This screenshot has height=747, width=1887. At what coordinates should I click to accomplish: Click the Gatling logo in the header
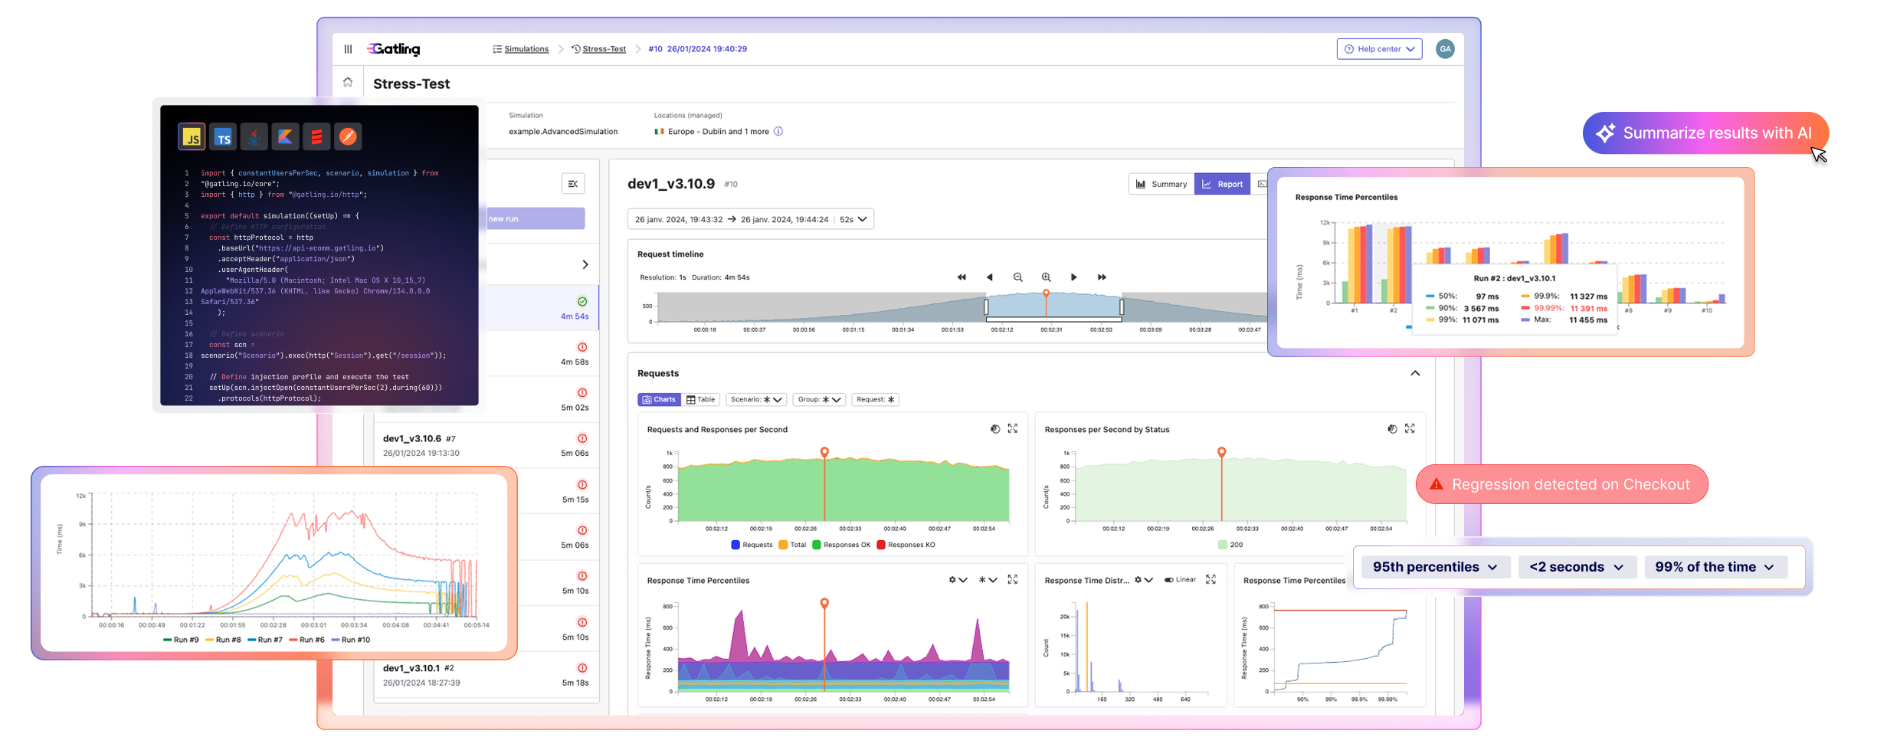pos(393,49)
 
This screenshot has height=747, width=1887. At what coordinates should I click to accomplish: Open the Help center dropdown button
pos(1379,49)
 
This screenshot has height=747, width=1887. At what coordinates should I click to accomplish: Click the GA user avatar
pos(1445,49)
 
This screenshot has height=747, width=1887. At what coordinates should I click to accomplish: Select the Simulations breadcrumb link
pos(526,49)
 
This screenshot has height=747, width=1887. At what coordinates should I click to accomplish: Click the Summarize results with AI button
pos(1705,133)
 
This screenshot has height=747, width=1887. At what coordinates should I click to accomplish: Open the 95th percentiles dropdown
pos(1435,567)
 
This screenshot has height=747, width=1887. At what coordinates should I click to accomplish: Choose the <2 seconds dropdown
pos(1577,567)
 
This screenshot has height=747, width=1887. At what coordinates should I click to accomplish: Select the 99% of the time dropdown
pos(1715,567)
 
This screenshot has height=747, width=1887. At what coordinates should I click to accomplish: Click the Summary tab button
pos(1161,184)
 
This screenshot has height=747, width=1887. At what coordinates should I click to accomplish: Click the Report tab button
pos(1223,184)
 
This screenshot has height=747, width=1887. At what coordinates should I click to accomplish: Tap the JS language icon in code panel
pos(192,137)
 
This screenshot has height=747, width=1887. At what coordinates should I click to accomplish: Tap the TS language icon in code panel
pos(223,137)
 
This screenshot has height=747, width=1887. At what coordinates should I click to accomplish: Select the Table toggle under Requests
pos(700,399)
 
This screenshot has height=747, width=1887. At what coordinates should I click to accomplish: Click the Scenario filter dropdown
pos(756,399)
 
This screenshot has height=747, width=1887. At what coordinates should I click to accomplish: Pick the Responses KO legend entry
pos(906,545)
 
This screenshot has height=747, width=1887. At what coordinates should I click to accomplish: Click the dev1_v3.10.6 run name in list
pos(412,439)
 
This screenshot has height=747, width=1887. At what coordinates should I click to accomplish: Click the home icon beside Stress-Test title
pos(348,83)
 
